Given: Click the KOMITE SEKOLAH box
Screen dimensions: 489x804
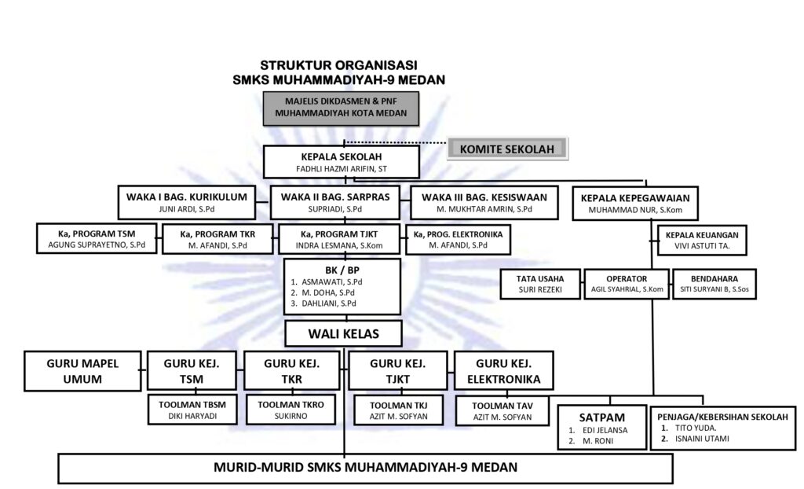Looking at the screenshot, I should [506, 149].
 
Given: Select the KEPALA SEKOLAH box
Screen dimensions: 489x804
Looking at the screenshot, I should [341, 162].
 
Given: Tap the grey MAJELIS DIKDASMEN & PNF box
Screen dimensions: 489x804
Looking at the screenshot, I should [341, 108].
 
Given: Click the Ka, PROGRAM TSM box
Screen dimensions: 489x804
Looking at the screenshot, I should [97, 239].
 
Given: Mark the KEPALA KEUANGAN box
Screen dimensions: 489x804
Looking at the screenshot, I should [701, 241].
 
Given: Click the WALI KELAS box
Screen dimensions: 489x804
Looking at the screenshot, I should [343, 334].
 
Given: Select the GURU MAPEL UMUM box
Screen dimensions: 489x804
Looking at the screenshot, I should [85, 371].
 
